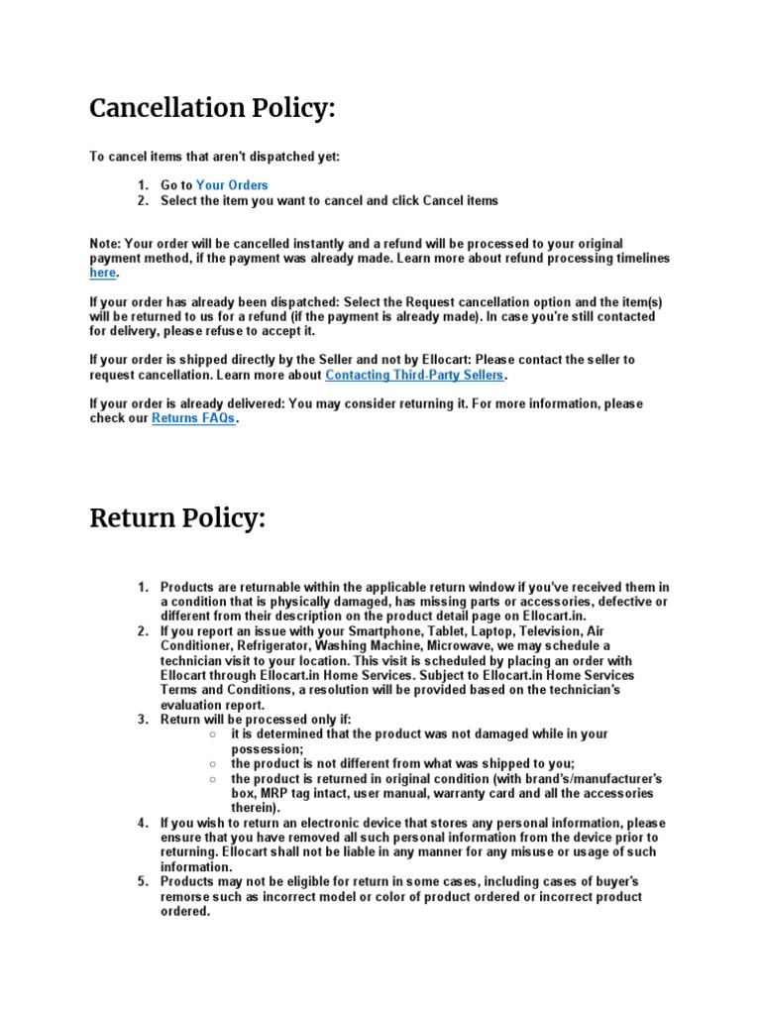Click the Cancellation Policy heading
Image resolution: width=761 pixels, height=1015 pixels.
point(212,108)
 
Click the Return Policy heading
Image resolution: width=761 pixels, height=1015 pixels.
point(177,517)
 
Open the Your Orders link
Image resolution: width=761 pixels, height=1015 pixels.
point(232,185)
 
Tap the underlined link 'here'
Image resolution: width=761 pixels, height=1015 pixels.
point(103,273)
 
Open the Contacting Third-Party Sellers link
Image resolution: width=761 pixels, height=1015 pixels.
point(415,376)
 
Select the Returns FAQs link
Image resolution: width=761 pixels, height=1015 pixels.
point(193,419)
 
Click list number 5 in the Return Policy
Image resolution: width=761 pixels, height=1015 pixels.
point(143,882)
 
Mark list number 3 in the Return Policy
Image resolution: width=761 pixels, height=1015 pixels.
point(143,719)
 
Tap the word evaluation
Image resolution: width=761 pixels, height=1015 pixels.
point(196,704)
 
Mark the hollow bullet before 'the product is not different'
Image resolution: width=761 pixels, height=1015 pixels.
point(213,764)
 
